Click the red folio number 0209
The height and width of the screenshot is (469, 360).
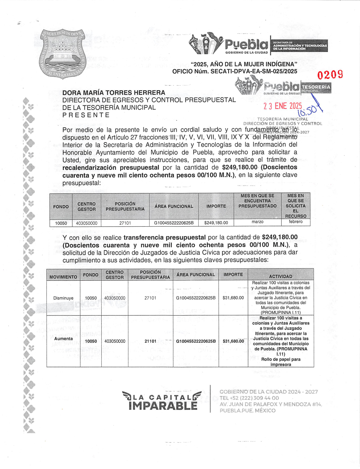click(330, 75)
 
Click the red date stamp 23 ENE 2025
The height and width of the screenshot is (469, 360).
click(282, 106)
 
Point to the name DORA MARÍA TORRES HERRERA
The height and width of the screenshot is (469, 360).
click(114, 93)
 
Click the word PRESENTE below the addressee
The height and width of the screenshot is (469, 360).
click(86, 115)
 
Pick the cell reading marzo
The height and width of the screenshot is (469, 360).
click(257, 222)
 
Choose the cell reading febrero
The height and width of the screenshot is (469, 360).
click(295, 222)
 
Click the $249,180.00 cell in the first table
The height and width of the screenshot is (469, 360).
click(216, 223)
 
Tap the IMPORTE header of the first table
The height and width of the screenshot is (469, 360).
click(216, 206)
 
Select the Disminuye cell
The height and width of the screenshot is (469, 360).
click(63, 298)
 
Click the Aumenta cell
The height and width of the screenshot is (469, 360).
click(63, 339)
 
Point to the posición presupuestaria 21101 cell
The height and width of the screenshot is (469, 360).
click(150, 341)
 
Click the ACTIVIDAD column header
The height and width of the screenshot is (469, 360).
click(280, 276)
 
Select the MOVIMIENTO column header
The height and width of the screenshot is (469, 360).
click(63, 277)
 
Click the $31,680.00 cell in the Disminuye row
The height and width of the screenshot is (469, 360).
click(233, 298)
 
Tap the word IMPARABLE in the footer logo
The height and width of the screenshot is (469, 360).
click(163, 406)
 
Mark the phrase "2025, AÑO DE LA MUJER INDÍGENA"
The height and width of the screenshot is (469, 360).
click(244, 64)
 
